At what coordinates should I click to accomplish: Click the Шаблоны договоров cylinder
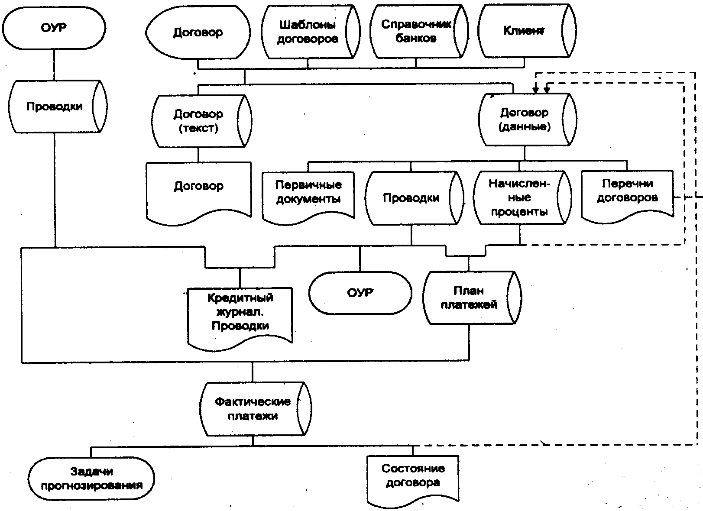308,32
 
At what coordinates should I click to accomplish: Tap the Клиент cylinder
524,31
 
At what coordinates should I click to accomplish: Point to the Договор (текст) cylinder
199,121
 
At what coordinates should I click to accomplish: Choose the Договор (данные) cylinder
525,120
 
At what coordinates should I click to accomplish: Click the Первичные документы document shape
308,195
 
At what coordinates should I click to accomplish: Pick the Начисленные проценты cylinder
519,197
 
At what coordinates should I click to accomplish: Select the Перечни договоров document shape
627,194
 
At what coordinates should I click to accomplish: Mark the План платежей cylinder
469,298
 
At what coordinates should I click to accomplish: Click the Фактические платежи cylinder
253,409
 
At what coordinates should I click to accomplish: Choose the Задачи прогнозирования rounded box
92,479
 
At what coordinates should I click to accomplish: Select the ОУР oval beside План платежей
360,293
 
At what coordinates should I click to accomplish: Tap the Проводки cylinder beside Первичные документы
411,198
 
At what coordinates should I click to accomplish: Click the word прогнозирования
92,485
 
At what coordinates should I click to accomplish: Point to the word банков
416,39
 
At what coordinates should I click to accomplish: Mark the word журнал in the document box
240,312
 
